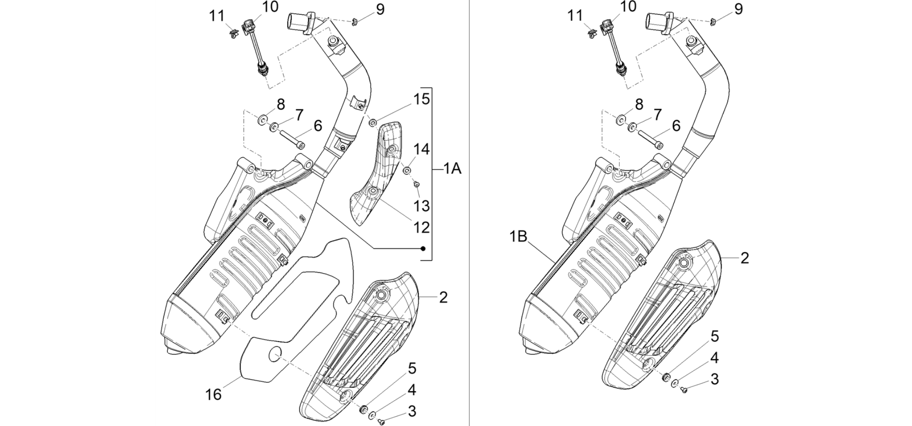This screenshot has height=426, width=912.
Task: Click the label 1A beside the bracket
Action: (452, 169)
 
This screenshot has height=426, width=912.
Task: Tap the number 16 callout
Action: (213, 394)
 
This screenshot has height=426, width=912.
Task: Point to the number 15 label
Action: (422, 99)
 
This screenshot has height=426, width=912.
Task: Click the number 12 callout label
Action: (422, 227)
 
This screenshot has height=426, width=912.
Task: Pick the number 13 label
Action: (422, 206)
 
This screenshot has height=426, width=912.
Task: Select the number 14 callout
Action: (422, 149)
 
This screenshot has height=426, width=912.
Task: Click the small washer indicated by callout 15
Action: (373, 122)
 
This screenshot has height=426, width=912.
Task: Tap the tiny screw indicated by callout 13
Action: (416, 184)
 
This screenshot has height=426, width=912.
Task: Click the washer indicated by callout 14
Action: (407, 170)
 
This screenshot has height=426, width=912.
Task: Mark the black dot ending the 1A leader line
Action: (423, 248)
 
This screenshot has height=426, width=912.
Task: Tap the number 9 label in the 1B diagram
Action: (738, 9)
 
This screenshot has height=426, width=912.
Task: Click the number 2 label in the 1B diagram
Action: (745, 258)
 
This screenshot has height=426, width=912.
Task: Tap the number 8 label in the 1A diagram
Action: (281, 104)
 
